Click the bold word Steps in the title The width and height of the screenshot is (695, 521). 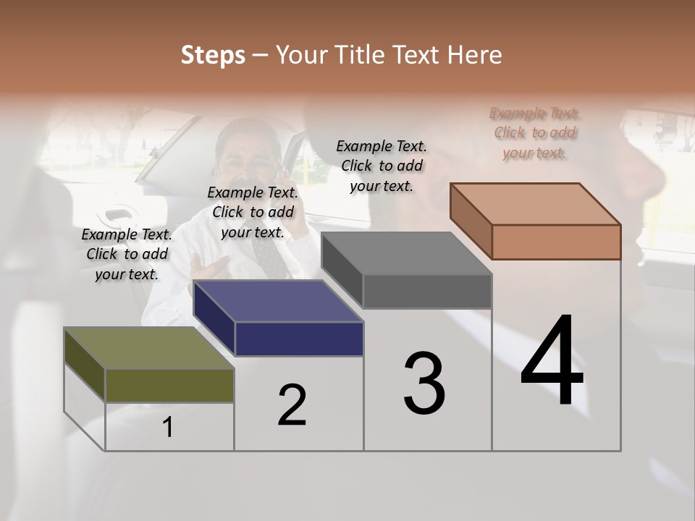point(213,55)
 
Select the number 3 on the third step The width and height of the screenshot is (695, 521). point(424,383)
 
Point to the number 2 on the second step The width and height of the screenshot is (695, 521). point(292,404)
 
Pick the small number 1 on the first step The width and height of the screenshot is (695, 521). point(168,427)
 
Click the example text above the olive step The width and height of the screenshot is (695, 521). point(127,254)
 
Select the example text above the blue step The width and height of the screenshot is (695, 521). point(253,212)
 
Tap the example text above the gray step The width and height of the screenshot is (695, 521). point(382,166)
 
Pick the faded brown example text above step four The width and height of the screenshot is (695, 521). point(535,132)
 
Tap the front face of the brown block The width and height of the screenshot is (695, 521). point(556,242)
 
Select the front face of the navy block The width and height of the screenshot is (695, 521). point(299,339)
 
